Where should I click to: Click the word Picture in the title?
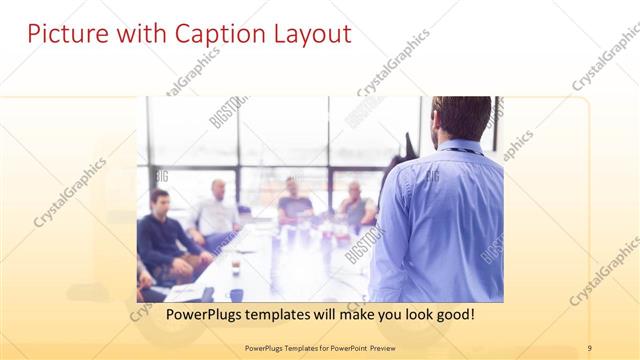coord(63,34)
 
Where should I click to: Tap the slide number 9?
coord(590,347)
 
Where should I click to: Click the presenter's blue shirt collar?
coord(456,147)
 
